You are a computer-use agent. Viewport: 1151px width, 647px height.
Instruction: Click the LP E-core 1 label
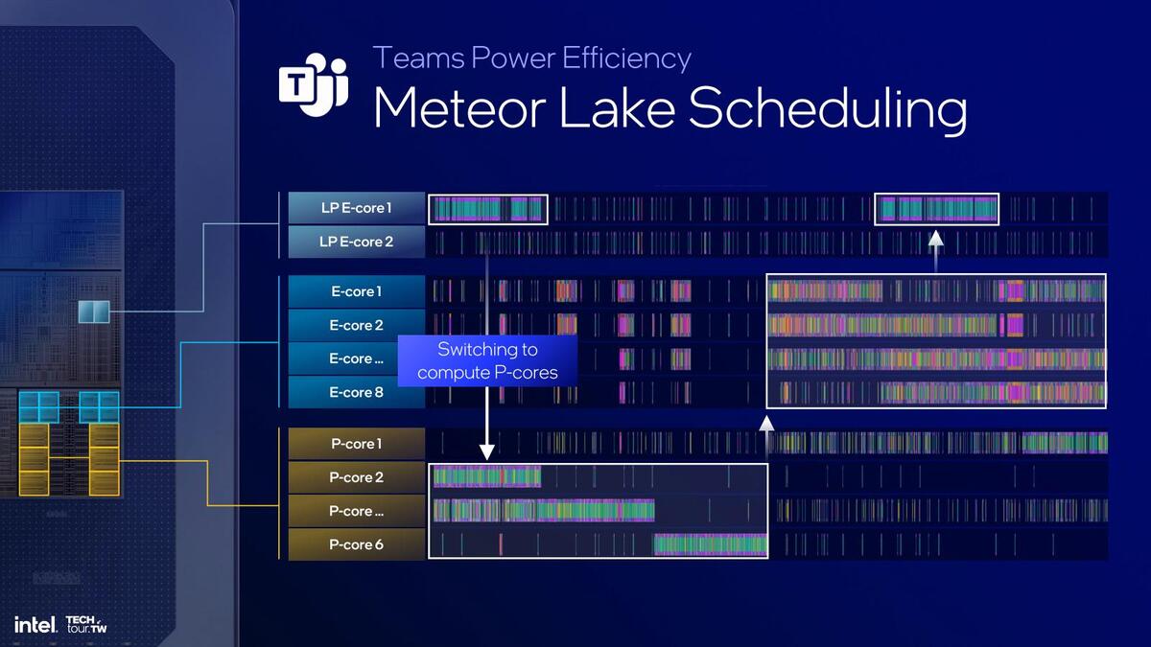click(356, 208)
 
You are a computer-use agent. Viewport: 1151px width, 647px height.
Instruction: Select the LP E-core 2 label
click(356, 242)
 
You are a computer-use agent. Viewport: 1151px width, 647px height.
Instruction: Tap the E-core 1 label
click(356, 291)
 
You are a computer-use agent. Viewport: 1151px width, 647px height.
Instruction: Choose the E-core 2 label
click(356, 325)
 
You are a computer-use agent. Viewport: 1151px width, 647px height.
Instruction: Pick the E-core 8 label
click(356, 392)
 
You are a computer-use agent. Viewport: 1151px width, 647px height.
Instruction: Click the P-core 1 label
click(356, 444)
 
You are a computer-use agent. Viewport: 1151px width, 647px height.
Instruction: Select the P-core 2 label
click(356, 477)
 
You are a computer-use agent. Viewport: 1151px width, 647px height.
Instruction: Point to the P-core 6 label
click(356, 544)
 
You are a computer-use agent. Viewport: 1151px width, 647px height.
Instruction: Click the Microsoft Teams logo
click(314, 84)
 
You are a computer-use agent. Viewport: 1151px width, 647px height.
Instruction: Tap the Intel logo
click(35, 625)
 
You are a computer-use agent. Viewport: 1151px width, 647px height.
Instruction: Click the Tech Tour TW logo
click(86, 625)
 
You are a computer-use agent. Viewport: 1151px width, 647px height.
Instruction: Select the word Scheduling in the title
click(827, 109)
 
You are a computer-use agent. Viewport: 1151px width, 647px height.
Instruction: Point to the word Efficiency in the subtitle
click(627, 58)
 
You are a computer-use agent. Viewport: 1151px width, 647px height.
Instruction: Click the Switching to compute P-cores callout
click(487, 360)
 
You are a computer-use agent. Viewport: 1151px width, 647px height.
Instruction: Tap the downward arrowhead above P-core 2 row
click(486, 452)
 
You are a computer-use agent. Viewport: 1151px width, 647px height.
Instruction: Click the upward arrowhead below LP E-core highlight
click(936, 239)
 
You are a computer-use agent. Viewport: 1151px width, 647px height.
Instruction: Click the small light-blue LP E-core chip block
click(94, 312)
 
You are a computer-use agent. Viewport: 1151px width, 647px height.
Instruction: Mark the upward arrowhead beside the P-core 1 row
click(766, 424)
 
